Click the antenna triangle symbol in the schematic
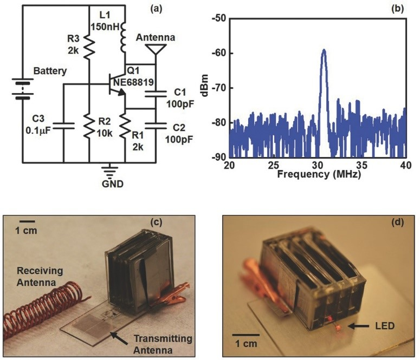tap(156, 48)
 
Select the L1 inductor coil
tap(123, 37)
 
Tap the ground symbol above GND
tap(109, 171)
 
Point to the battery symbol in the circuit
tap(23, 89)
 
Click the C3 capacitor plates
tap(63, 126)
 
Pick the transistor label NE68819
tap(133, 82)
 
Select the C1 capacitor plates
tap(156, 94)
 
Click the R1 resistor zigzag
tap(125, 126)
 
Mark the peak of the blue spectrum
tap(324, 50)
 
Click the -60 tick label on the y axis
tap(219, 53)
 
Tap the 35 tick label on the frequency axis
tap(362, 165)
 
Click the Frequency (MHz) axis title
tap(319, 174)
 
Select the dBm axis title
tap(206, 86)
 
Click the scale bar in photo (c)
tap(27, 221)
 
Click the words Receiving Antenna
tap(40, 277)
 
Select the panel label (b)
tap(397, 9)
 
